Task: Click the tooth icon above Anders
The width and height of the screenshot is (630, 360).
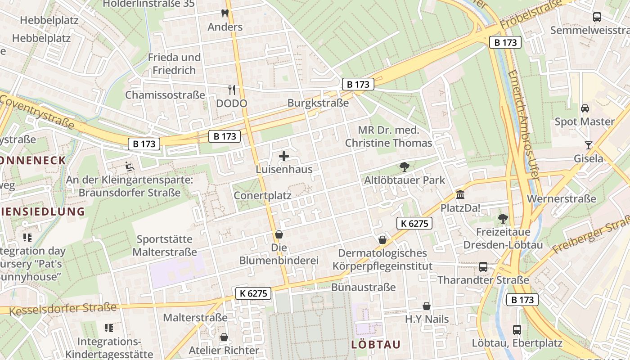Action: [x=225, y=13]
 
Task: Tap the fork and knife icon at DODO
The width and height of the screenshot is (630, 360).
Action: [x=232, y=90]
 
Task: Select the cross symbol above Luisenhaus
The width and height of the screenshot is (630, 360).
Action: [x=284, y=156]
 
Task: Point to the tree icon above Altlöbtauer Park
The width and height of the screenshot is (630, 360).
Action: [x=404, y=167]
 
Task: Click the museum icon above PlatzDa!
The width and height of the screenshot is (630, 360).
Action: [x=460, y=195]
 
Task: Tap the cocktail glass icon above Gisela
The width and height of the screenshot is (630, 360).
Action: [x=588, y=145]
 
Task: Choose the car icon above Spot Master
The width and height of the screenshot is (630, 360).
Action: [x=585, y=108]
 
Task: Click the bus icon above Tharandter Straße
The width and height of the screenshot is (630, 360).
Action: [x=483, y=267]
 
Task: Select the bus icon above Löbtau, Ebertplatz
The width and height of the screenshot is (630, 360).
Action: [x=517, y=329]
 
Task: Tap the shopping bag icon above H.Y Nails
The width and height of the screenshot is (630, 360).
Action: [x=427, y=306]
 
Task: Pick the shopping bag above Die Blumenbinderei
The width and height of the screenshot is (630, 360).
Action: [x=279, y=234]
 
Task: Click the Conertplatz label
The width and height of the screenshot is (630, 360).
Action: [x=262, y=196]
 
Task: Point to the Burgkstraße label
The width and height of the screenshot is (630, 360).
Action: [x=318, y=103]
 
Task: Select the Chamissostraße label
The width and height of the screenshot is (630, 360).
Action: [x=165, y=95]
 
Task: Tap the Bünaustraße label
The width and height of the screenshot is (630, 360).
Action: [x=364, y=287]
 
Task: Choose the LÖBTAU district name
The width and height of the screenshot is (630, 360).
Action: [x=376, y=345]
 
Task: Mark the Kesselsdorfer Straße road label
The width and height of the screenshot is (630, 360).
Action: [x=63, y=309]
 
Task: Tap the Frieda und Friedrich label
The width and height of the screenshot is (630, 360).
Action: [x=174, y=64]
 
